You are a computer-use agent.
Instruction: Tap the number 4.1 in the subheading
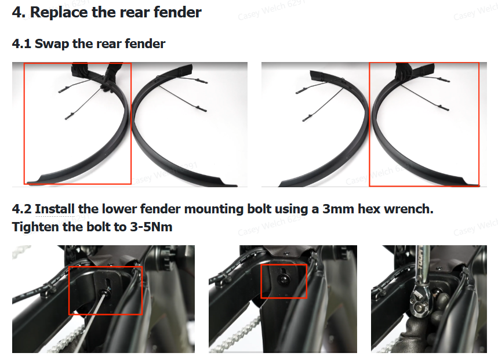click(21, 44)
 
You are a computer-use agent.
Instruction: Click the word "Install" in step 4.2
click(54, 209)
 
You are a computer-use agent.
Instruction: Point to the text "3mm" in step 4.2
click(338, 209)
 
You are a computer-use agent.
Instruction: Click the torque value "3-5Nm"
click(151, 227)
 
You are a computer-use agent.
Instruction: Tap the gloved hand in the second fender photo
click(404, 71)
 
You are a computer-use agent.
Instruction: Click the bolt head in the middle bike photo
click(283, 279)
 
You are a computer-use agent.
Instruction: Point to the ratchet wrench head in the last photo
click(421, 301)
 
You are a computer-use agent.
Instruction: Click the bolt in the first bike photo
click(104, 292)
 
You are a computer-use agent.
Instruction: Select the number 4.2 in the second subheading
click(21, 209)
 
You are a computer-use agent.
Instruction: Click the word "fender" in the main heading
click(177, 12)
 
